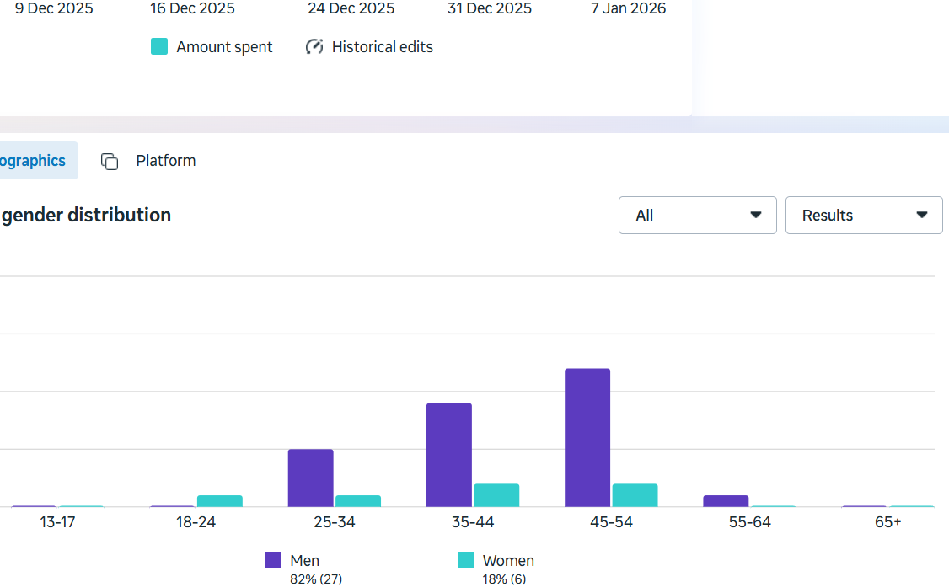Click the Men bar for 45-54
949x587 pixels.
click(x=587, y=437)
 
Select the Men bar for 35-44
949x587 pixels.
click(x=449, y=455)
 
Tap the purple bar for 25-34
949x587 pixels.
click(x=311, y=478)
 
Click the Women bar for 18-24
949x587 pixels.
click(x=220, y=501)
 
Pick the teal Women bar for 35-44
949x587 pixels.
click(x=496, y=495)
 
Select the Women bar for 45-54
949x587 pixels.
click(x=635, y=495)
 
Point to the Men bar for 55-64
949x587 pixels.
click(x=726, y=501)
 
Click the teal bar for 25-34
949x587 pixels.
click(x=358, y=501)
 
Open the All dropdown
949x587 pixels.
click(x=697, y=216)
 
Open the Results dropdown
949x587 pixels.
click(x=863, y=216)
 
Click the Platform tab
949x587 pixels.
click(x=165, y=161)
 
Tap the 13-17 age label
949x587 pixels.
click(x=57, y=522)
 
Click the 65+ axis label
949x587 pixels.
click(x=887, y=522)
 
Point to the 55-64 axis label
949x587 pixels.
click(x=749, y=522)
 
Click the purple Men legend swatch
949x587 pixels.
click(x=273, y=560)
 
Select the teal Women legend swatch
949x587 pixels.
click(x=466, y=560)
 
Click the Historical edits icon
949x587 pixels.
click(x=314, y=47)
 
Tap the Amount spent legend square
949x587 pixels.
click(x=159, y=47)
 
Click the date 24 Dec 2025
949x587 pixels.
click(x=351, y=8)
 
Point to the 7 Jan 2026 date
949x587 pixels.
click(x=628, y=8)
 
